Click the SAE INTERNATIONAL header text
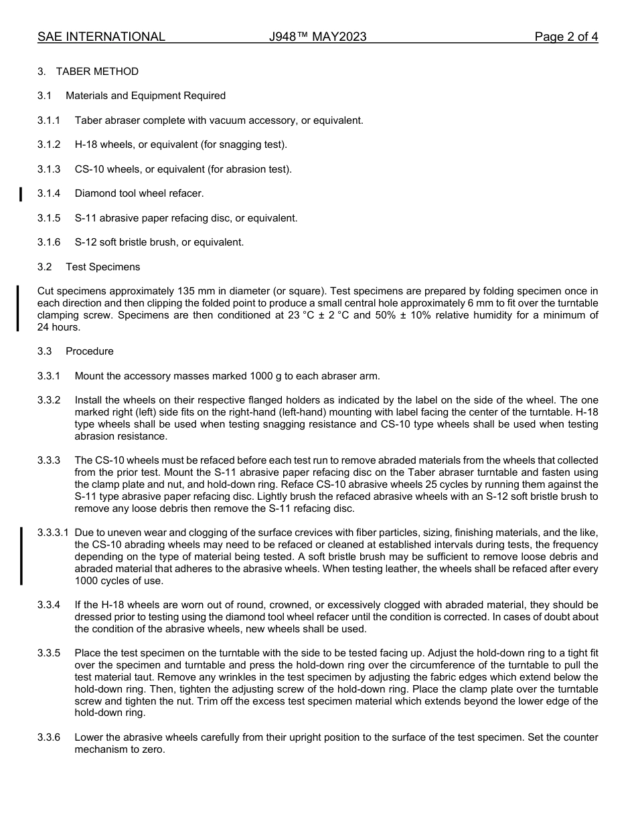tap(101, 37)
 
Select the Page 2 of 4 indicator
tap(566, 37)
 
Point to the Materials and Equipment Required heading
tap(145, 96)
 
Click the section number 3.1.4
tap(49, 193)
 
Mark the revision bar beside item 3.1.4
tap(21, 194)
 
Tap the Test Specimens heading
tap(102, 267)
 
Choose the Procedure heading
tap(89, 351)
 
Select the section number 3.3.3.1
tap(53, 533)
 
